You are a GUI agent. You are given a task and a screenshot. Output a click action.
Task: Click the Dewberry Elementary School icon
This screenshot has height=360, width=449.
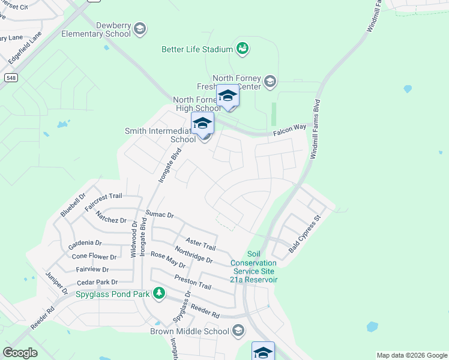point(140,29)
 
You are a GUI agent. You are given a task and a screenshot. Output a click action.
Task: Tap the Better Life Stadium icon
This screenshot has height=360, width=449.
point(242,48)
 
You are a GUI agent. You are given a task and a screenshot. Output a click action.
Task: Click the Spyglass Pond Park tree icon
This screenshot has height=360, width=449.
point(158,293)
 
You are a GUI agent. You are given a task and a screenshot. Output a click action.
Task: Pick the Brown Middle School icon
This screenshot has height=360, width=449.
point(238,331)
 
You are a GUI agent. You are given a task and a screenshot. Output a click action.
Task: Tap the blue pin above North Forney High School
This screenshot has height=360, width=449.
point(228,96)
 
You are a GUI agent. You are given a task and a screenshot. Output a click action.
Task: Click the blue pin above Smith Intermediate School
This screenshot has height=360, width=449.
point(203,124)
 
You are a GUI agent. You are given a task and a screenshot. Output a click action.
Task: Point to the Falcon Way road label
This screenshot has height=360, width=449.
point(290,128)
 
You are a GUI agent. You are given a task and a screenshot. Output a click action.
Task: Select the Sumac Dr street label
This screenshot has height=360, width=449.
point(160,214)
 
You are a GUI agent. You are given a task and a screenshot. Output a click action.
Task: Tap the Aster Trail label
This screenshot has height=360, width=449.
point(200,244)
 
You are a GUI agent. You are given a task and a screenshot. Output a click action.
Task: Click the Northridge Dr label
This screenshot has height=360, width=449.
point(193,255)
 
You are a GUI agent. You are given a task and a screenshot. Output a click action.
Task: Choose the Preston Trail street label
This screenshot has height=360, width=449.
point(193,282)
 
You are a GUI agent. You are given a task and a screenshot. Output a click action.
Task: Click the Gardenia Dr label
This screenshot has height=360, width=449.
point(85,243)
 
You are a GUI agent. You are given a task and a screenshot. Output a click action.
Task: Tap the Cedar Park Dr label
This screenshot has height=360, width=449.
point(97,282)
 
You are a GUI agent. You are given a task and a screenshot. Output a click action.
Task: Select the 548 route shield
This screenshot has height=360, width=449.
point(11,77)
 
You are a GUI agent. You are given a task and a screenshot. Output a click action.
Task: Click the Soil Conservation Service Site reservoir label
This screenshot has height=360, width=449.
point(254,267)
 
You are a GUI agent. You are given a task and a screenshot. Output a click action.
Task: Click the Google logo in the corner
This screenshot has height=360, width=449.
point(20,352)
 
